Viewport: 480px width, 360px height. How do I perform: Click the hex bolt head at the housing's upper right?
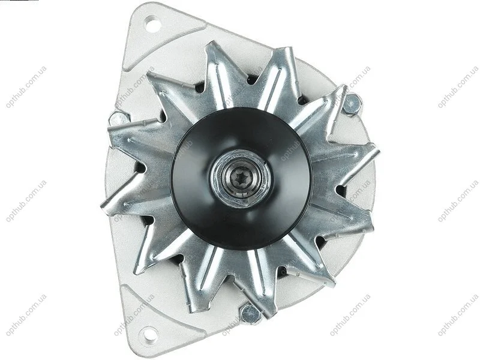[x=352, y=104]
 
